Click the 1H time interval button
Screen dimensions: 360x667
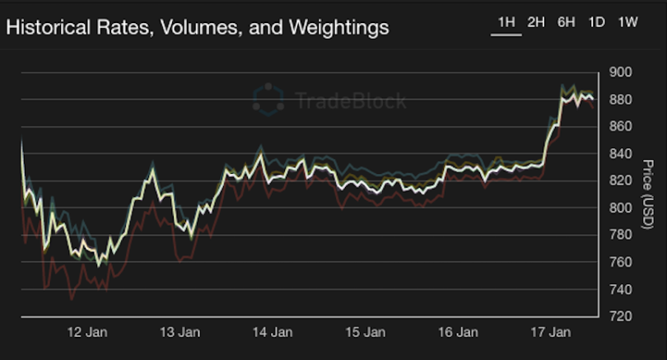506,22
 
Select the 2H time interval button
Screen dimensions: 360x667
536,22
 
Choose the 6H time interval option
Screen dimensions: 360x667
567,22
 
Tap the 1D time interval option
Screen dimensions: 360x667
597,22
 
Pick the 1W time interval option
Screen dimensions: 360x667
627,22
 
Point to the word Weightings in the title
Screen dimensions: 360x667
335,28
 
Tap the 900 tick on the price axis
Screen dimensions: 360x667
619,72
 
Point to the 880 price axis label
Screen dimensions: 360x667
619,100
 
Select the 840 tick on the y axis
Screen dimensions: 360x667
619,154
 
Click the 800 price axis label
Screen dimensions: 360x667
619,208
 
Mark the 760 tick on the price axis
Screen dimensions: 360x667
619,263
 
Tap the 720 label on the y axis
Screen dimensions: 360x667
619,316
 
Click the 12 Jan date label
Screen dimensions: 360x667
86,334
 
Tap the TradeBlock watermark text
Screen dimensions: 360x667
351,101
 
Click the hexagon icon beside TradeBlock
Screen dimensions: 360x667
269,100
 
